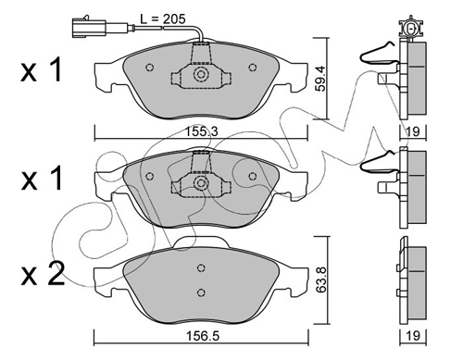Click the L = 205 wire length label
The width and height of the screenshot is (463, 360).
tap(163, 19)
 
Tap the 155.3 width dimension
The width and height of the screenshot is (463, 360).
tap(202, 131)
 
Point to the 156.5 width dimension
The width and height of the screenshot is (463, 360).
tap(203, 336)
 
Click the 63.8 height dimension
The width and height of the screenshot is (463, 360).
tap(321, 279)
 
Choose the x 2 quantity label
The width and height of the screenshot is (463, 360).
tap(43, 274)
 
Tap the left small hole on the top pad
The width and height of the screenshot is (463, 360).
tap(150, 68)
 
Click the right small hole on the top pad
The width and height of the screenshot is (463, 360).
tap(253, 68)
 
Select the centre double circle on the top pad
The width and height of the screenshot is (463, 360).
tap(201, 74)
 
